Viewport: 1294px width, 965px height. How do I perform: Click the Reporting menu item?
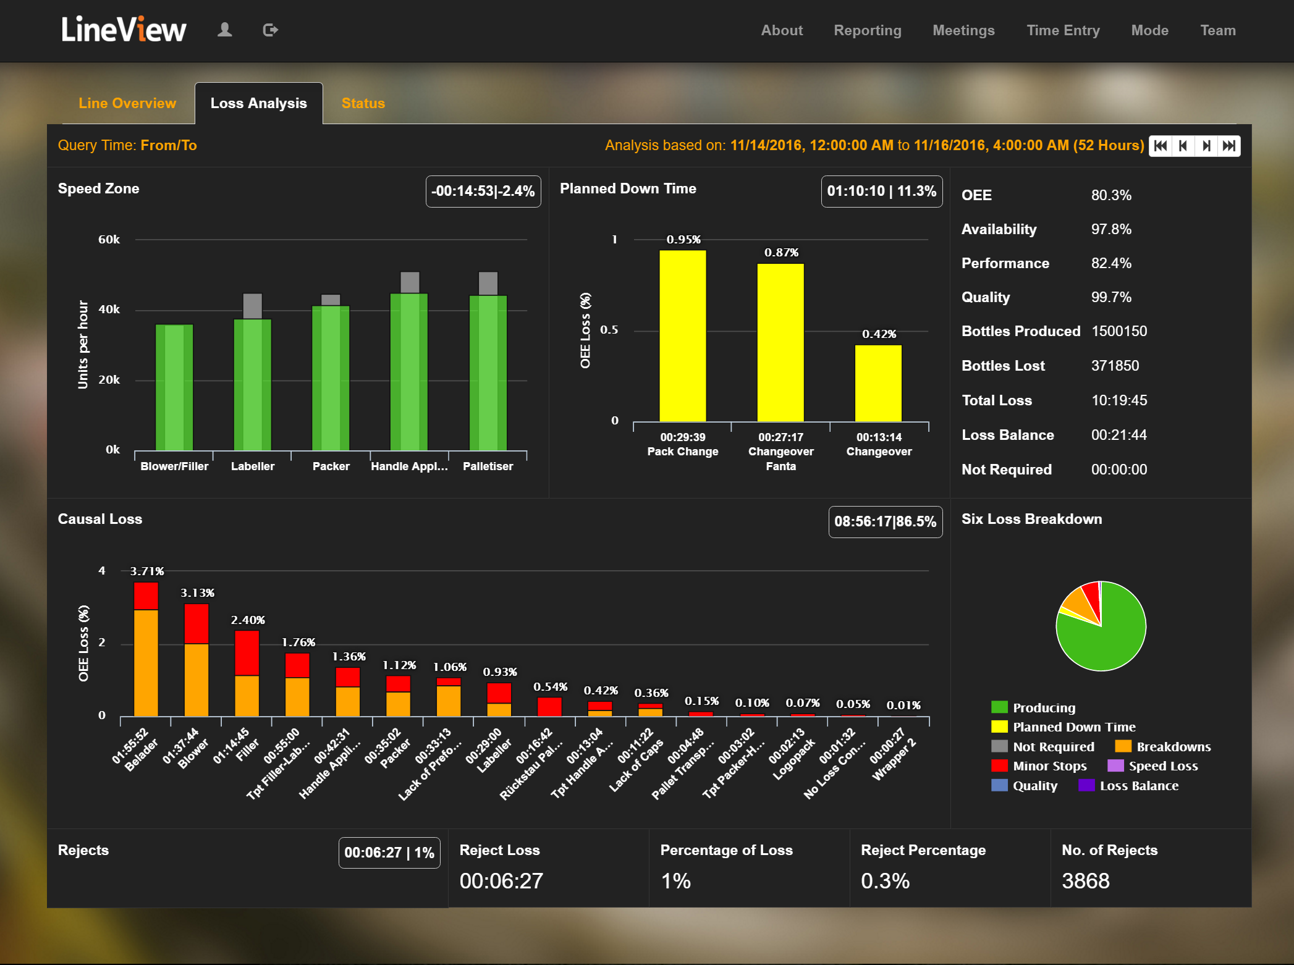[x=867, y=30]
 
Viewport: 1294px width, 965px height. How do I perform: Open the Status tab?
[x=363, y=103]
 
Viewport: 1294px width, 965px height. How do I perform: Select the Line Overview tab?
[x=127, y=103]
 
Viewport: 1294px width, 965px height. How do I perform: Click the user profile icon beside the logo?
[x=224, y=30]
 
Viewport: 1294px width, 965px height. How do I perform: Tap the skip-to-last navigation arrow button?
[x=1229, y=146]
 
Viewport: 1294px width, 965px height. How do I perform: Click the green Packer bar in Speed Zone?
[x=331, y=377]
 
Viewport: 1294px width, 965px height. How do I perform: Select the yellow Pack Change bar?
[x=682, y=337]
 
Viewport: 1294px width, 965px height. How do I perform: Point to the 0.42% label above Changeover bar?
[x=879, y=334]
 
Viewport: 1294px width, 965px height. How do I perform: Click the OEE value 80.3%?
[x=1111, y=195]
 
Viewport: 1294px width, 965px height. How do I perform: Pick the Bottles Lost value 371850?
[x=1115, y=366]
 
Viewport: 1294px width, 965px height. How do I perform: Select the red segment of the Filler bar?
[x=247, y=652]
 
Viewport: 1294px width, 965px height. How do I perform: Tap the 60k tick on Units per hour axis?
[x=109, y=240]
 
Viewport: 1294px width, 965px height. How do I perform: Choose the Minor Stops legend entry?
[x=1049, y=766]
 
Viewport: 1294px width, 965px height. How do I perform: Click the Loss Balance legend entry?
[x=1138, y=786]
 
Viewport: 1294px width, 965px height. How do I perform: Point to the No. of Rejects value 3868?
[x=1085, y=880]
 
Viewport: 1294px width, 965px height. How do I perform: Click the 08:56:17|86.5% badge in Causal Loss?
[x=885, y=521]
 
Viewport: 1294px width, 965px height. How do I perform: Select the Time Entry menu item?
[x=1063, y=30]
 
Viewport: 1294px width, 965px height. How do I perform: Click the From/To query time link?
[x=168, y=145]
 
